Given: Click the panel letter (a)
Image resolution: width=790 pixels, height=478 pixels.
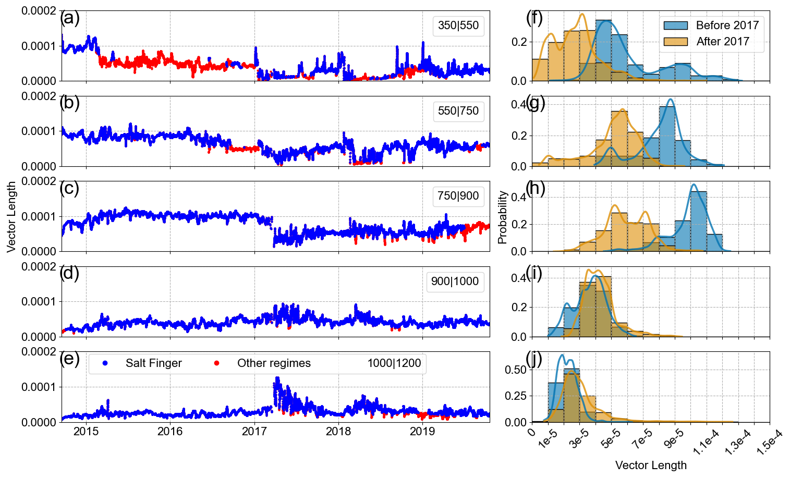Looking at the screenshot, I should pos(69,18).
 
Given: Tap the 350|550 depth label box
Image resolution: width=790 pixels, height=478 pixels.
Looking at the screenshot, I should pos(458,26).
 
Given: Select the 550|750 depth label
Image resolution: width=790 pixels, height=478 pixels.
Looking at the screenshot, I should pos(458,111).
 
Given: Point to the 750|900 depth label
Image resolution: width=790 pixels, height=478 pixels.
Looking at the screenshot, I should pos(458,196).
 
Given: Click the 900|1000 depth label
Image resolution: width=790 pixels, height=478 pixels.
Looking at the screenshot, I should pos(455,281).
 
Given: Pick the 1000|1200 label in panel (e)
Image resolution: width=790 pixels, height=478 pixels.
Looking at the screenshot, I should pos(394,363).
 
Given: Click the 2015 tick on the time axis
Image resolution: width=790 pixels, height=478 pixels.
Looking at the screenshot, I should pos(86,432).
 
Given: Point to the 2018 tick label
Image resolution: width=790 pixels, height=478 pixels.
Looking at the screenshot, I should pos(338,432).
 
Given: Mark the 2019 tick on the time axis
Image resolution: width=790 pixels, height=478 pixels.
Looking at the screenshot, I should pos(422,432).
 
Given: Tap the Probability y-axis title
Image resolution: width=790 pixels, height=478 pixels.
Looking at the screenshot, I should pos(502,217).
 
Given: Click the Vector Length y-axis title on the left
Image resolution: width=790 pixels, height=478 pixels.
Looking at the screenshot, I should pos(11,217).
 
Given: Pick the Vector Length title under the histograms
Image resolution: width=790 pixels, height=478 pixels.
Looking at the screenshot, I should pos(651,465).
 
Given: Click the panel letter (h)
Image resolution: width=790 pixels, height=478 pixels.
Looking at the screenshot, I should pos(535,188).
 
